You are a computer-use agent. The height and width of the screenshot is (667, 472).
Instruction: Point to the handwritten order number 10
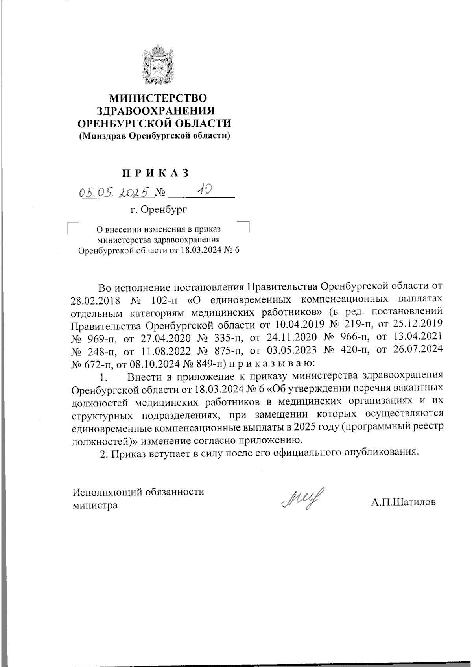pyautogui.click(x=205, y=190)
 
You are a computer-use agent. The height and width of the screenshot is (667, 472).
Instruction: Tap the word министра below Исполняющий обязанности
pyautogui.click(x=95, y=505)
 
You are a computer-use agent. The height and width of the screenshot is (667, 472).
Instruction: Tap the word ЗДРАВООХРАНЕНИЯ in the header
pyautogui.click(x=157, y=111)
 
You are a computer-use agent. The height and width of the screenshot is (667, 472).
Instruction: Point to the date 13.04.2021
pyautogui.click(x=415, y=338)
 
